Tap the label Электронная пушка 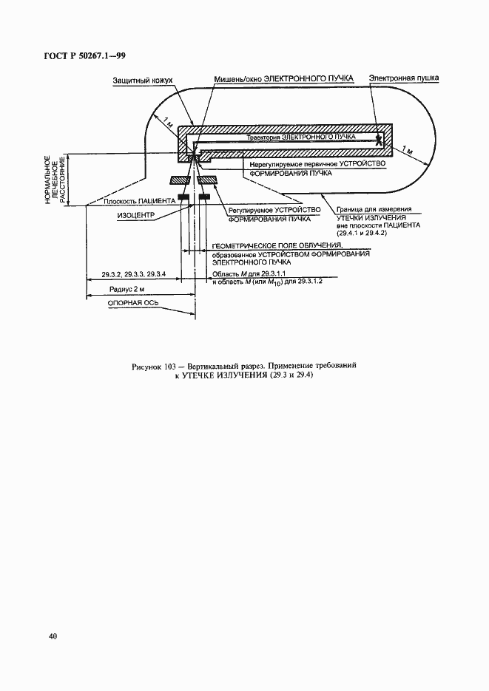pyautogui.click(x=405, y=78)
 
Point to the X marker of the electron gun pyautogui.click(x=379, y=138)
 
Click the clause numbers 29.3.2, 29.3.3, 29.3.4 pyautogui.click(x=134, y=275)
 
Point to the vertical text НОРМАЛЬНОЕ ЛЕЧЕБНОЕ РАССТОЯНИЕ pyautogui.click(x=56, y=179)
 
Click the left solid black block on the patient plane pyautogui.click(x=180, y=197)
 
